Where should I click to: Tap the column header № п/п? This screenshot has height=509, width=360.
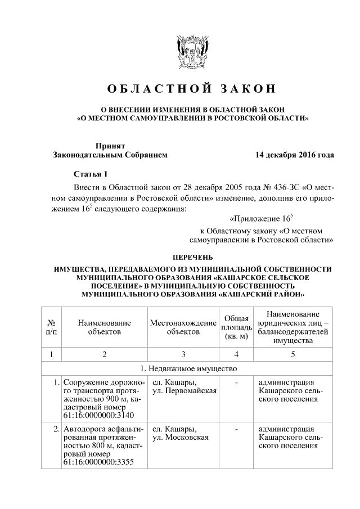pyautogui.click(x=51, y=327)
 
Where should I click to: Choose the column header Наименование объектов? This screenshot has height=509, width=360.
pyautogui.click(x=104, y=327)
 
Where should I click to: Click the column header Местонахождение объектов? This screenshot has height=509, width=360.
pyautogui.click(x=183, y=327)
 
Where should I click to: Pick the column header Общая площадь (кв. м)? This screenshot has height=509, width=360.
pyautogui.click(x=236, y=327)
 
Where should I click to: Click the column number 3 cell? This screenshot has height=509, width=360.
pyautogui.click(x=183, y=354)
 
